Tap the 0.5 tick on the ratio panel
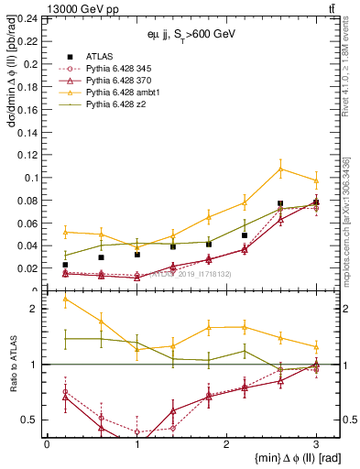click(x=33, y=420)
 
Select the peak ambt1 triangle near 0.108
click(x=280, y=168)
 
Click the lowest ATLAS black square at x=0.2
click(x=65, y=265)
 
